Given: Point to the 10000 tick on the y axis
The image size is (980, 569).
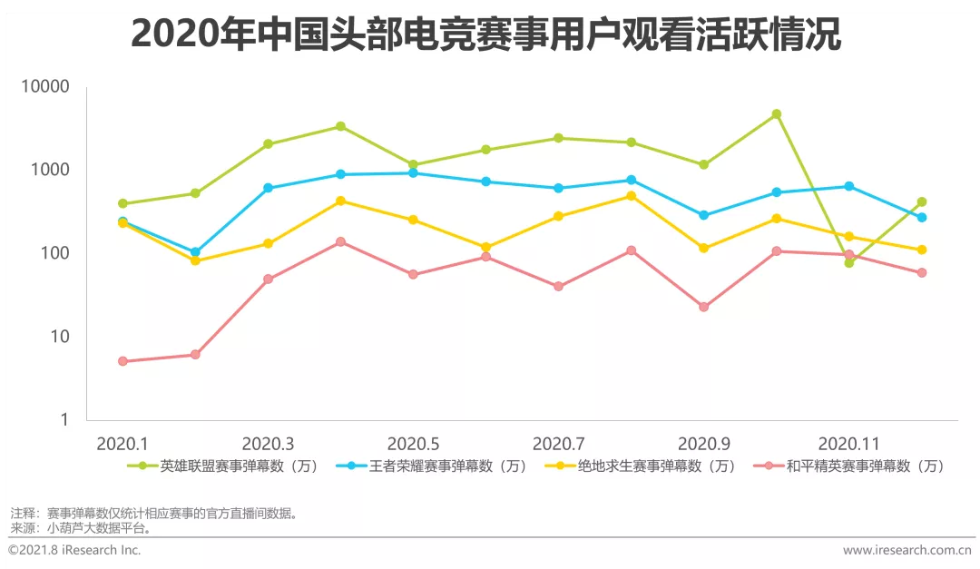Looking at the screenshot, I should point(46,87).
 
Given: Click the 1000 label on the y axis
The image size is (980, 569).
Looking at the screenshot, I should point(51,171).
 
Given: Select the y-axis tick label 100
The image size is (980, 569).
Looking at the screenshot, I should point(55,253).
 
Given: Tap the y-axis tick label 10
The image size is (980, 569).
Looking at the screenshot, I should point(60,337).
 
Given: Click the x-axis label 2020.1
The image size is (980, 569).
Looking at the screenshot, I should point(122,444).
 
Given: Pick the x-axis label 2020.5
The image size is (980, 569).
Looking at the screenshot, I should point(413,444).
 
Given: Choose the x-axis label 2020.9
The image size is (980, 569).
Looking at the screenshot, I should point(703,444).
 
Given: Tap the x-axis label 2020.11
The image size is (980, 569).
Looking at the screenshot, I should point(848,444).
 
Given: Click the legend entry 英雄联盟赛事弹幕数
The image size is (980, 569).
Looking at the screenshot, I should point(226,466).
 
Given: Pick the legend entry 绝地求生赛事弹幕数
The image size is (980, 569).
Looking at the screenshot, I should point(643,466).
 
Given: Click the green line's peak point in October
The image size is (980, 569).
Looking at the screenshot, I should point(776,114).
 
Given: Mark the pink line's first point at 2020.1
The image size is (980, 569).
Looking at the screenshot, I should point(122,361).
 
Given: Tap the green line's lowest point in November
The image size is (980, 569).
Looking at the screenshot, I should point(848,263).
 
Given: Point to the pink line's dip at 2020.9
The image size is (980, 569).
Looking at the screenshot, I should point(703,307).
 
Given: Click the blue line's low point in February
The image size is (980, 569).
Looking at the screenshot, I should point(195,252).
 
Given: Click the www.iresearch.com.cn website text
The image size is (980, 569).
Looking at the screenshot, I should point(906,550).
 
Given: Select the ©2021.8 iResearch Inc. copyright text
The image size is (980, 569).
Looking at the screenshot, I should point(74,550).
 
